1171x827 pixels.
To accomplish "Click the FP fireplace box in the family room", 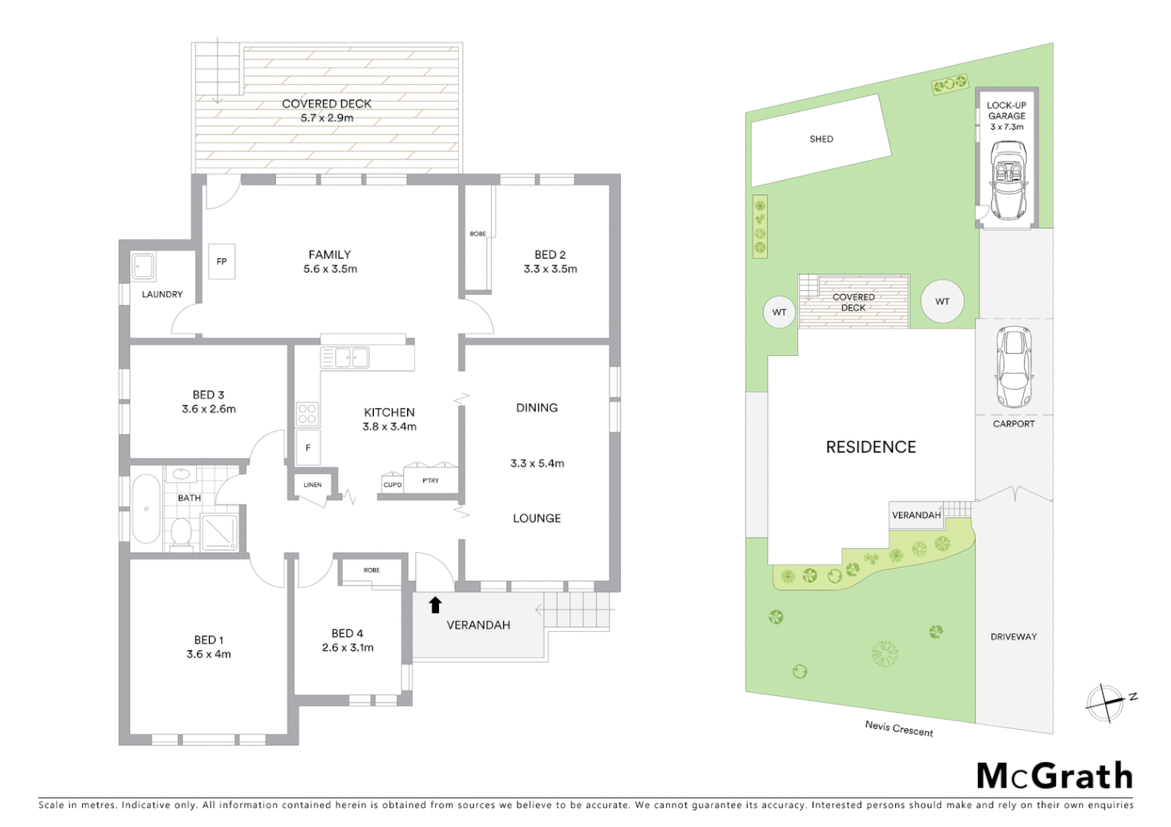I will (x=221, y=262).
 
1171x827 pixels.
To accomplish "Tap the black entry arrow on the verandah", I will (x=435, y=605).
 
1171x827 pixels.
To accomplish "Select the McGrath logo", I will (x=1055, y=776).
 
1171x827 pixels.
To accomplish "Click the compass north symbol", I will (x=1106, y=702).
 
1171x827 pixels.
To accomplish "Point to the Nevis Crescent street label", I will (x=899, y=728).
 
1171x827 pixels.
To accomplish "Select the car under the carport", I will (x=1013, y=367).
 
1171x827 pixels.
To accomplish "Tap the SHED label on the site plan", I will (x=821, y=139).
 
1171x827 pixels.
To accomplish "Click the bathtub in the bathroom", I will (x=146, y=508).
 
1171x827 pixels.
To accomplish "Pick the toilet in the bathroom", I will (x=181, y=534).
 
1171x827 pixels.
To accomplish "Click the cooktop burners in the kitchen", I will (x=307, y=414).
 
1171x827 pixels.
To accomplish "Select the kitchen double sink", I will (x=345, y=358).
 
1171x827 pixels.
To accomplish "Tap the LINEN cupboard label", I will (x=313, y=485).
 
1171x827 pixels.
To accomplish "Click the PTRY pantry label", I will (x=431, y=481).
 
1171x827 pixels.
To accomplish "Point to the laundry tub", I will (x=143, y=266).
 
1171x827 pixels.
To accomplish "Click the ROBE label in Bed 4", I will (x=372, y=570).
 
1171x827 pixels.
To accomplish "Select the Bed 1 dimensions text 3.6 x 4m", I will (x=208, y=654).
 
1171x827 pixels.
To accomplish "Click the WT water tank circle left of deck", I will (x=779, y=312).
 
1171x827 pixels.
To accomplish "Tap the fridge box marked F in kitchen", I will (x=308, y=448).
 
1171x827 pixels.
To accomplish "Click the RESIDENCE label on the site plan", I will (x=871, y=447).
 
